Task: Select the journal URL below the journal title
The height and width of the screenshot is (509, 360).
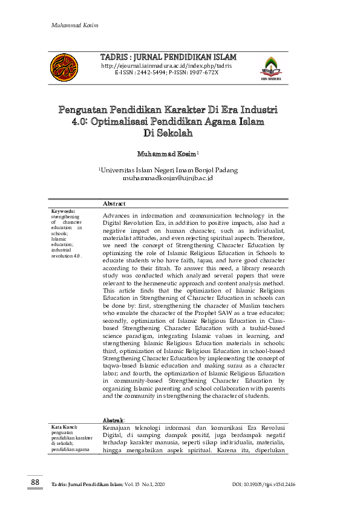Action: [x=166, y=65]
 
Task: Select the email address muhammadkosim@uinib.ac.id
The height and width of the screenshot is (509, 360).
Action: [x=168, y=178]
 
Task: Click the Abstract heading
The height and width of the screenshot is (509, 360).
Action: [x=114, y=204]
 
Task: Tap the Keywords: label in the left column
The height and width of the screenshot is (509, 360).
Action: [x=63, y=212]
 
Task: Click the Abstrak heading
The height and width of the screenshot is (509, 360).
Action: [x=114, y=420]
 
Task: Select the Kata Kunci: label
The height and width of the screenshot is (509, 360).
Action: [x=65, y=427]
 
